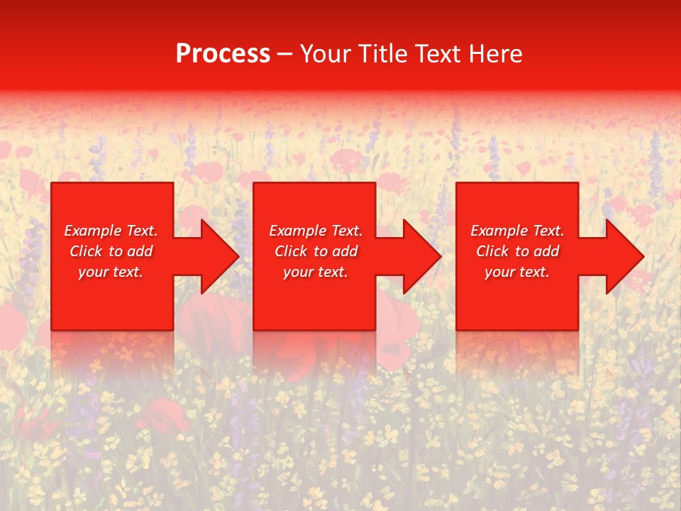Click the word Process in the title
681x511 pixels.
click(223, 54)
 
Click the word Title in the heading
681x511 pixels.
click(380, 54)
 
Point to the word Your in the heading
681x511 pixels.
click(326, 54)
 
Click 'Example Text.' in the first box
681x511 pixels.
click(111, 231)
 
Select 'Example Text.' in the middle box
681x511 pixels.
click(316, 231)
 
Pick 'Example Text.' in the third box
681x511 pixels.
click(517, 231)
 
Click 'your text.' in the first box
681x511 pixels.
click(111, 272)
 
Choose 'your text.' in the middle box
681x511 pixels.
click(316, 272)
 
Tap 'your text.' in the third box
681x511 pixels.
click(517, 272)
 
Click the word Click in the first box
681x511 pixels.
click(87, 251)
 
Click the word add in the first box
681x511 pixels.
click(140, 251)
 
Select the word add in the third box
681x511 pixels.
click(546, 251)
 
